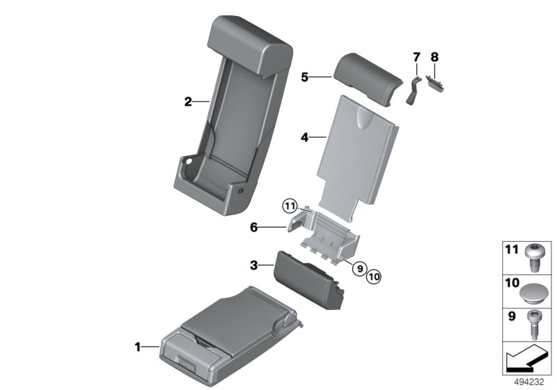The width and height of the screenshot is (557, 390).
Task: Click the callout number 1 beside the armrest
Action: (138, 347)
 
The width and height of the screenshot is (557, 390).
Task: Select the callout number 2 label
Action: (188, 102)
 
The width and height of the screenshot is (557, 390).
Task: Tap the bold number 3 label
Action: (253, 265)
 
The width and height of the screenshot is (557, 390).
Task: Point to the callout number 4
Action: (305, 137)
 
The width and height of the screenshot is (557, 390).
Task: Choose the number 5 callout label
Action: (305, 77)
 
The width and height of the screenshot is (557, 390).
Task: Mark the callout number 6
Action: (253, 227)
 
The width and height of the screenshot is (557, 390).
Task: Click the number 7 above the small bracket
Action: (416, 57)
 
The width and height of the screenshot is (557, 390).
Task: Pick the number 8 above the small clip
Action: (434, 57)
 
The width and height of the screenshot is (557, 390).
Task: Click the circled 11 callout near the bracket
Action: (290, 206)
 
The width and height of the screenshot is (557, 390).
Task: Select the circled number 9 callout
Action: (360, 269)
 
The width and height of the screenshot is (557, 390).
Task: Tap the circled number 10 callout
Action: (373, 276)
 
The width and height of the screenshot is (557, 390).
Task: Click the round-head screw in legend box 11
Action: (533, 258)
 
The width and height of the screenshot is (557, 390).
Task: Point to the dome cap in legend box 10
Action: (533, 294)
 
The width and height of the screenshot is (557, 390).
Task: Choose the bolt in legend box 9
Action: (533, 325)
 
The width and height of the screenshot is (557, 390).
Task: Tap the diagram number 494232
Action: (529, 382)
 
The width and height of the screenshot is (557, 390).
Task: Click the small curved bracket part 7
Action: (412, 91)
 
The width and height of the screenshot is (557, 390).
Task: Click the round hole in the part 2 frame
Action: (187, 162)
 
